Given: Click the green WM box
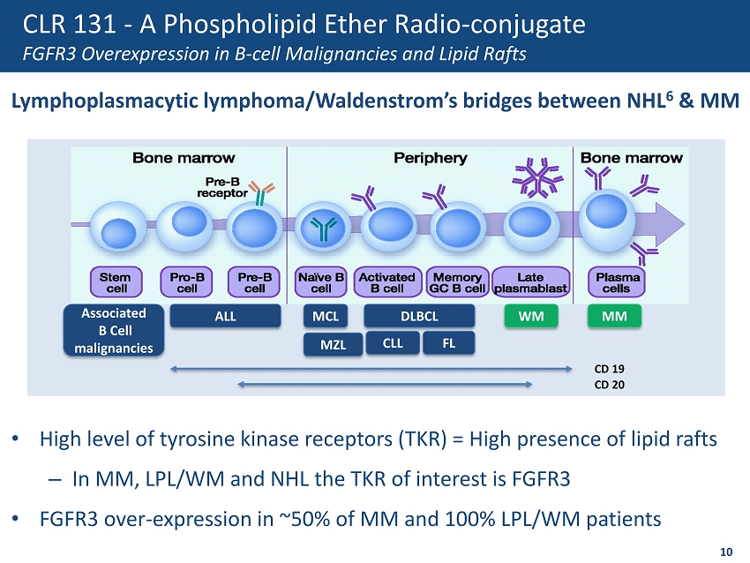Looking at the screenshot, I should point(531,315).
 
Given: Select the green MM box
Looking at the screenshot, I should point(614,315).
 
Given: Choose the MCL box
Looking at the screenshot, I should point(326,315).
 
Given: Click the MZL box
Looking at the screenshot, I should point(333,344).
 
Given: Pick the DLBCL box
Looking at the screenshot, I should point(419,315).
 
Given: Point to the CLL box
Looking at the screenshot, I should point(394,343).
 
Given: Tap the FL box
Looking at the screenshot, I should point(449,343).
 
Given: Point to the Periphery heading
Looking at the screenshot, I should point(430,158).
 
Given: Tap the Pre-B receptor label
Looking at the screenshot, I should point(215,187).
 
